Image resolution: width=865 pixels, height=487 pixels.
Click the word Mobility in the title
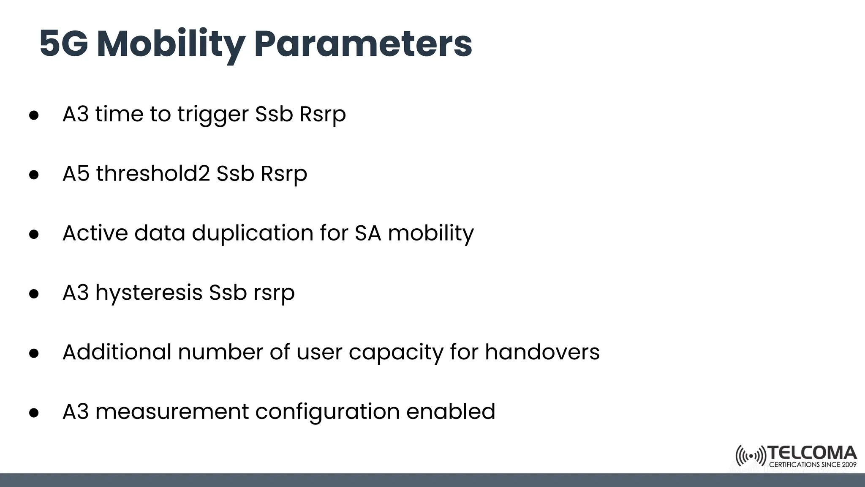(x=171, y=44)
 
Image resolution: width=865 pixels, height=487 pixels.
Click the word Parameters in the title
(x=363, y=44)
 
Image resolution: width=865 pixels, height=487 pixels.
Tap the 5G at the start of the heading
(x=64, y=44)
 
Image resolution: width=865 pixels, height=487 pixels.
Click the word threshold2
(x=153, y=174)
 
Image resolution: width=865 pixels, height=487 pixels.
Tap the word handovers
(x=542, y=352)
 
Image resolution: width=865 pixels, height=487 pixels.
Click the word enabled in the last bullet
(x=451, y=412)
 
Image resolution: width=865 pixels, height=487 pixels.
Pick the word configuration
(x=327, y=413)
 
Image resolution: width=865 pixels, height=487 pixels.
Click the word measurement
(x=172, y=412)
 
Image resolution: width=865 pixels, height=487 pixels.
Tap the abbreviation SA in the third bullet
(x=368, y=233)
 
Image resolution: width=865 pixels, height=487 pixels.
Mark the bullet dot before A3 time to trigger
(x=34, y=115)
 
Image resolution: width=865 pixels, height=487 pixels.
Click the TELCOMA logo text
(x=812, y=453)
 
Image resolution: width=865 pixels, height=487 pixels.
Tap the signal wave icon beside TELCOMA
(x=751, y=456)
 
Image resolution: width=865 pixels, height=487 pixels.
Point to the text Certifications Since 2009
(x=812, y=465)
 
